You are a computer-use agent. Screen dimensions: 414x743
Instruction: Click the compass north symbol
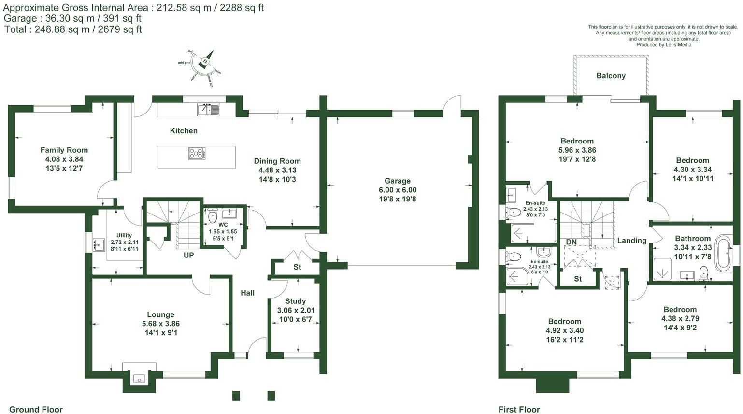pyautogui.click(x=205, y=61)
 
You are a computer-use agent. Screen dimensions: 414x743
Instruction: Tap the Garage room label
pyautogui.click(x=397, y=181)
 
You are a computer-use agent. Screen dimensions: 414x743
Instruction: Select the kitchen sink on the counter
pyautogui.click(x=208, y=110)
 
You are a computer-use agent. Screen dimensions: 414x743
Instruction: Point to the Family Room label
pyautogui.click(x=64, y=150)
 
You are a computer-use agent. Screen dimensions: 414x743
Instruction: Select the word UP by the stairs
pyautogui.click(x=188, y=255)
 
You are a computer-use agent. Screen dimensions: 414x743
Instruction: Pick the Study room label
pyautogui.click(x=295, y=301)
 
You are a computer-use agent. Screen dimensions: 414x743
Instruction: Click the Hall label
pyautogui.click(x=247, y=293)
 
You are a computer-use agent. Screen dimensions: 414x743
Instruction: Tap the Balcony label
pyautogui.click(x=611, y=76)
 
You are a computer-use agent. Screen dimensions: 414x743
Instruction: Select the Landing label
pyautogui.click(x=631, y=241)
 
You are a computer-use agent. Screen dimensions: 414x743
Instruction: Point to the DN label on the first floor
pyautogui.click(x=571, y=242)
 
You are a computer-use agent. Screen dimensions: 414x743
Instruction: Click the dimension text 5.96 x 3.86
pyautogui.click(x=577, y=150)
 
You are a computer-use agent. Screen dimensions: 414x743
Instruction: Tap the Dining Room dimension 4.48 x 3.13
pyautogui.click(x=277, y=170)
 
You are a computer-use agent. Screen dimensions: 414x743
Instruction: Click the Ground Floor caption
pyautogui.click(x=36, y=410)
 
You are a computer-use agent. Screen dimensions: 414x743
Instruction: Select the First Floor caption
pyautogui.click(x=519, y=410)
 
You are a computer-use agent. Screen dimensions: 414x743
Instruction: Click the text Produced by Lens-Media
pyautogui.click(x=663, y=45)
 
